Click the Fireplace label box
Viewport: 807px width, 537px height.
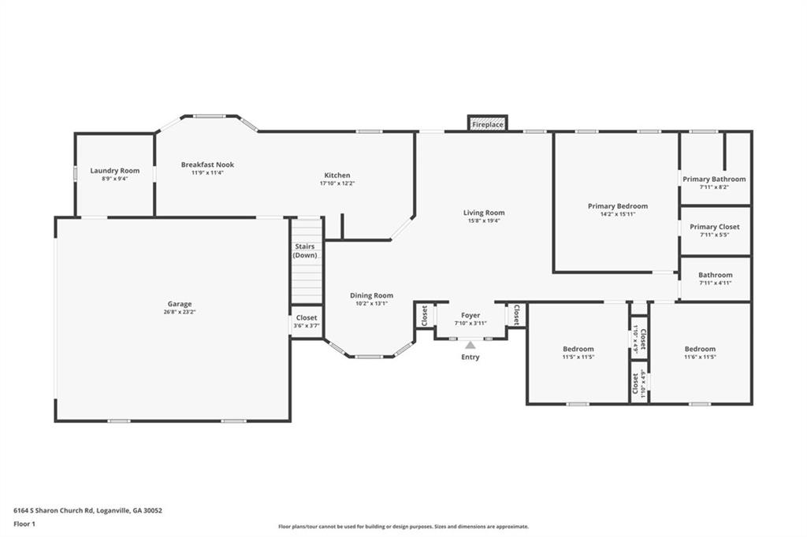pyautogui.click(x=487, y=124)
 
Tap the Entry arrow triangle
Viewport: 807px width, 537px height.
pyautogui.click(x=470, y=345)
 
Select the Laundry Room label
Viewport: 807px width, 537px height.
pyautogui.click(x=115, y=170)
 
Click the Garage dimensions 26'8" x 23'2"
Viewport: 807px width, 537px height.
pyautogui.click(x=180, y=312)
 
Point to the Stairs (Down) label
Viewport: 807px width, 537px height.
pyautogui.click(x=305, y=250)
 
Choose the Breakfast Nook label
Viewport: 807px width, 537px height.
pyautogui.click(x=207, y=165)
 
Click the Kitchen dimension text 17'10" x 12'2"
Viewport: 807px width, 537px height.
pyautogui.click(x=337, y=183)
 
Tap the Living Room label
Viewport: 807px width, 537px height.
pyautogui.click(x=484, y=213)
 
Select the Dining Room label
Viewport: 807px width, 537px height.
pyautogui.click(x=372, y=295)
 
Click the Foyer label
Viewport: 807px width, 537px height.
pyautogui.click(x=470, y=315)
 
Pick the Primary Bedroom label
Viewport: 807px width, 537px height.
pyautogui.click(x=618, y=206)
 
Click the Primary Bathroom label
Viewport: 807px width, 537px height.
pyautogui.click(x=714, y=179)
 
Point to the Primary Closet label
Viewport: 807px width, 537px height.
pyautogui.click(x=714, y=226)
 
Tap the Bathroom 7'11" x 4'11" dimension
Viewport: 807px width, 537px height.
pyautogui.click(x=716, y=283)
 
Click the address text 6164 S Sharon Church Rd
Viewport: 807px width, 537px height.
pyautogui.click(x=54, y=511)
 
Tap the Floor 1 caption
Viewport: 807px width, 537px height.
pyautogui.click(x=24, y=524)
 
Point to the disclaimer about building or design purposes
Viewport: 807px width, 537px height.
pyautogui.click(x=403, y=527)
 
